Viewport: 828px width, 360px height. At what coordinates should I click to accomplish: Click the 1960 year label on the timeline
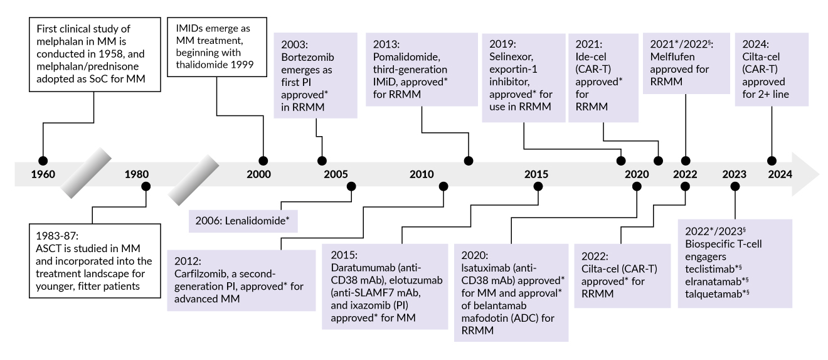43,174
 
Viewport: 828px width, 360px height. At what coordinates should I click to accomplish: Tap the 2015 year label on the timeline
536,174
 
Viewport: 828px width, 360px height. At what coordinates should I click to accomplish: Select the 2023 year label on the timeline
734,174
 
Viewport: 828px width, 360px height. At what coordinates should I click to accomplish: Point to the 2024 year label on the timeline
780,174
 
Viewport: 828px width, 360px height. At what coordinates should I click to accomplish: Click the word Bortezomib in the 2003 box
307,57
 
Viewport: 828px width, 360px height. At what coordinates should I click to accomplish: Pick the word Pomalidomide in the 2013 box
406,57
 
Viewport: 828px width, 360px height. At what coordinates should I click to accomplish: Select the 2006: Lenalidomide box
243,221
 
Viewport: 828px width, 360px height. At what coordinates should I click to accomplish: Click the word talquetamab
713,294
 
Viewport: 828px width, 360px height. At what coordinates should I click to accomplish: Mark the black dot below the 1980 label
146,187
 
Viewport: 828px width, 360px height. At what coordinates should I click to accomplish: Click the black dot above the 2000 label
263,161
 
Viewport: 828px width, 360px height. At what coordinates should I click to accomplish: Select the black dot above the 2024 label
772,161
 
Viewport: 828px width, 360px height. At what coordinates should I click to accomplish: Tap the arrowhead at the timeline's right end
805,174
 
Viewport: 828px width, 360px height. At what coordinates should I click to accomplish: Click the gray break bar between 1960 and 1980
86,173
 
